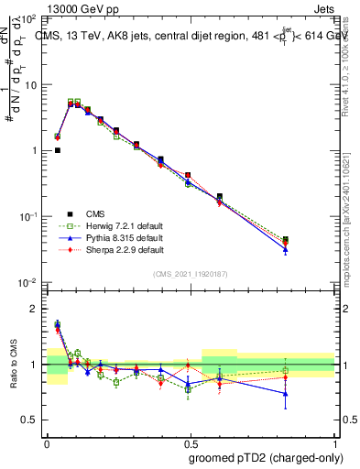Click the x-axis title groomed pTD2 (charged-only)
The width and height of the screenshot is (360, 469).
tap(266, 458)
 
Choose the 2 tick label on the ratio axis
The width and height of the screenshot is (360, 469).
tap(33, 309)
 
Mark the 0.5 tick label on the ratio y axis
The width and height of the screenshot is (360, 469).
tap(28, 420)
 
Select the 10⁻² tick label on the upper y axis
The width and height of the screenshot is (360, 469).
tap(27, 282)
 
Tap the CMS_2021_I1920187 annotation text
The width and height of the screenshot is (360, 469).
tap(191, 274)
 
